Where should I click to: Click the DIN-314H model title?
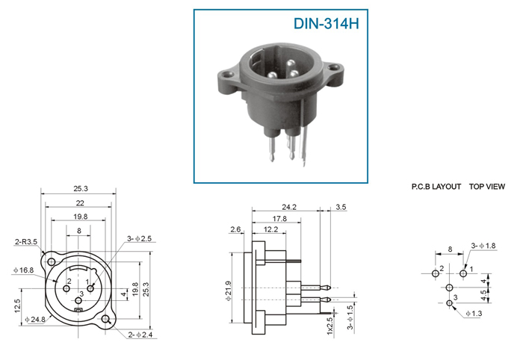[x=326, y=24]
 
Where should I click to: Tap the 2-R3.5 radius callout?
[x=25, y=242]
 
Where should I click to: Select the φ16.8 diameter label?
[x=23, y=270]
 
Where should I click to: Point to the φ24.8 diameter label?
[x=35, y=320]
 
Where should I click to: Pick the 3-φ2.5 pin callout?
[x=139, y=239]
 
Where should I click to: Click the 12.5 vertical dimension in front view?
[x=18, y=305]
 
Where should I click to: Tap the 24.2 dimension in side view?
[x=289, y=207]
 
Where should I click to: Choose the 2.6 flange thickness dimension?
[x=235, y=229]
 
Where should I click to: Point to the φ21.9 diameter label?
[x=228, y=291]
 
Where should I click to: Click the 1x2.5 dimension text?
[x=329, y=326]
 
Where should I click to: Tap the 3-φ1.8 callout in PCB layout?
[x=483, y=246]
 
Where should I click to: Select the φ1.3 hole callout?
[x=474, y=314]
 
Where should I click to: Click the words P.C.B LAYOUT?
[x=436, y=187]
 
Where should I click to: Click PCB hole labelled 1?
[x=463, y=273]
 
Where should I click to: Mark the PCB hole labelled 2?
[x=436, y=273]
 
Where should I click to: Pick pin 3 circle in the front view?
[x=78, y=301]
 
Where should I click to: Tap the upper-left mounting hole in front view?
[x=51, y=262]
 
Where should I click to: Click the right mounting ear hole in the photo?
[x=333, y=68]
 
